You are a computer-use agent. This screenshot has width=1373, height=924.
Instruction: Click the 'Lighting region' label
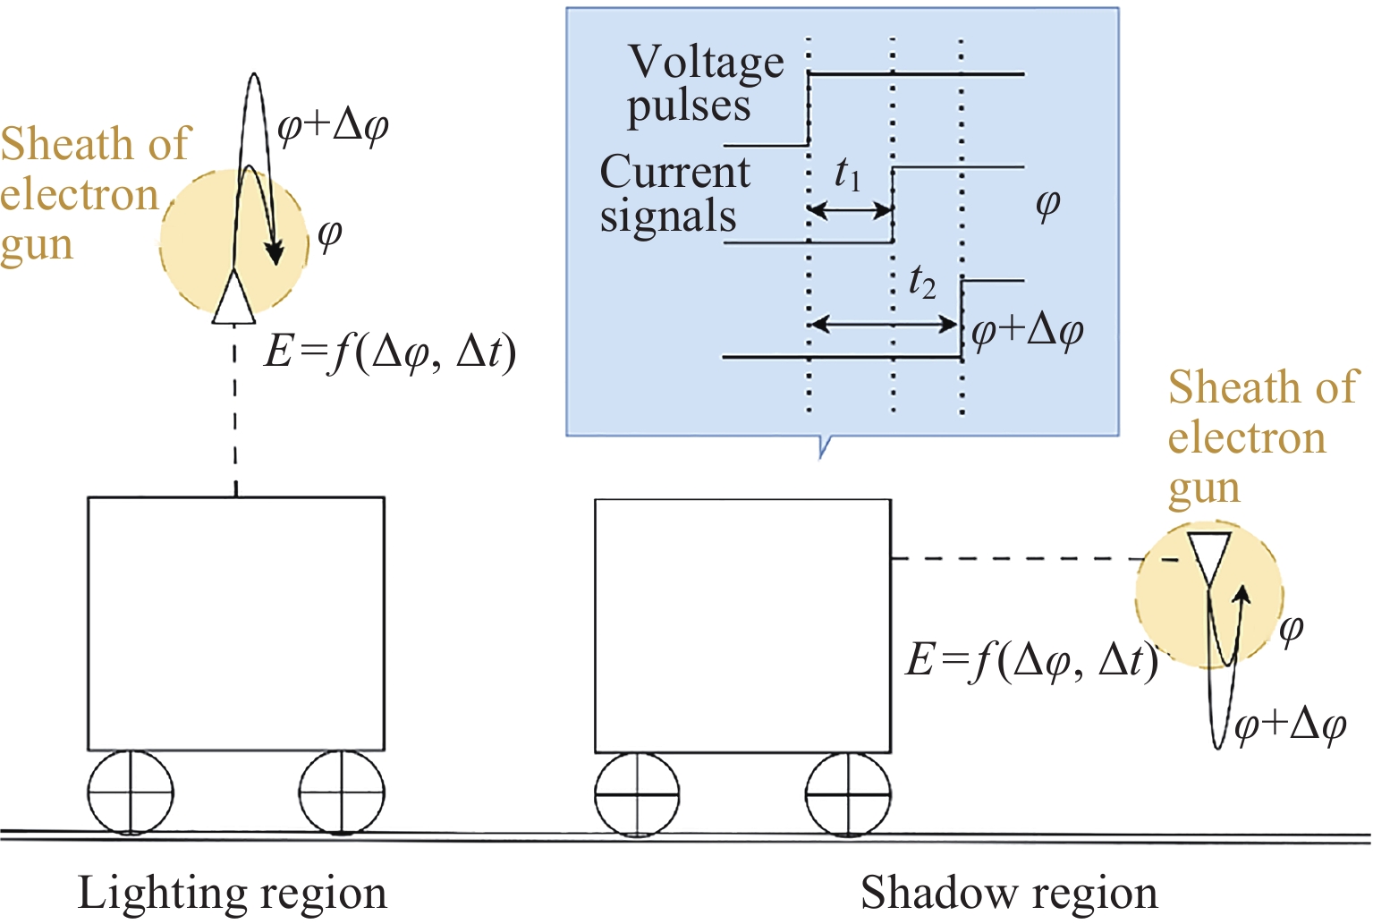232,894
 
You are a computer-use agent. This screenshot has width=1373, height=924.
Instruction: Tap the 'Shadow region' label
1008,894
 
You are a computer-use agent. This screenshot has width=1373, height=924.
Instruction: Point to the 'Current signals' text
674,193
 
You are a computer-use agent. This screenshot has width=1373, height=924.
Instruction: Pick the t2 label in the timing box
921,283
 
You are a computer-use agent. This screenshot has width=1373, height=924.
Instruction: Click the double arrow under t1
851,211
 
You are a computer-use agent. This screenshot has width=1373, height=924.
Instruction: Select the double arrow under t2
885,323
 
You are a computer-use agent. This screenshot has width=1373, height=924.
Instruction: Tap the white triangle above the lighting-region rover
234,297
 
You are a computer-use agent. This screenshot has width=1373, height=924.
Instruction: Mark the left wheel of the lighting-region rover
131,793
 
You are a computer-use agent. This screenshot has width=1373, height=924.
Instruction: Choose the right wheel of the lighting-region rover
342,793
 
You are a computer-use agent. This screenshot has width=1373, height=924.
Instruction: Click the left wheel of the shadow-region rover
637,794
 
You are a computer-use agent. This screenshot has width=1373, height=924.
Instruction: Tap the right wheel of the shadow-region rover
848,794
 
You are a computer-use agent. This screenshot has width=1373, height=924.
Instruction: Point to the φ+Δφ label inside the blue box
1027,331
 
